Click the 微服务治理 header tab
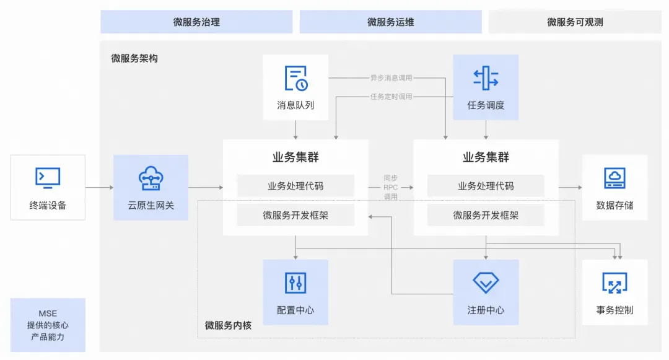(x=197, y=22)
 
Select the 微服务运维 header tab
(x=390, y=22)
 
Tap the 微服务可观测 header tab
(x=575, y=22)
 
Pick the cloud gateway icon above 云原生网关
(x=151, y=178)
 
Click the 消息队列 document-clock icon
(x=295, y=78)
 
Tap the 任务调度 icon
(x=486, y=78)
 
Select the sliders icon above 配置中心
(x=295, y=283)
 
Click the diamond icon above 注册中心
(x=486, y=283)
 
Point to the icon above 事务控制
(x=615, y=283)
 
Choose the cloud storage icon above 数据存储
(x=615, y=178)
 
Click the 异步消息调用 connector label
(x=391, y=77)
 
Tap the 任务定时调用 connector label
(x=391, y=97)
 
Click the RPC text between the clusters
(x=390, y=187)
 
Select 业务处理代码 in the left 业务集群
(x=295, y=186)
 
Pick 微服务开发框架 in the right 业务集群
(x=486, y=216)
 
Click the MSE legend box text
(x=48, y=325)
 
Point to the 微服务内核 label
(x=228, y=325)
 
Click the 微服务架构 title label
(x=134, y=58)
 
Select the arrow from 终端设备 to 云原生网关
(x=99, y=187)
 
